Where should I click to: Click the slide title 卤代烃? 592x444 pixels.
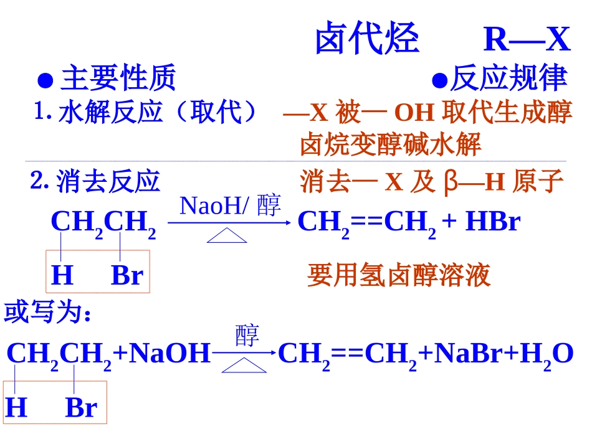pos(367,39)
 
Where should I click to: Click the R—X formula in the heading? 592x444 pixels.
pos(527,39)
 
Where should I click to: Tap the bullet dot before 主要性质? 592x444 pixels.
pos(44,80)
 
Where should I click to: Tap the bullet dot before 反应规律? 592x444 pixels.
pos(440,80)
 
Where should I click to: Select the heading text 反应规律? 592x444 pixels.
pos(508,79)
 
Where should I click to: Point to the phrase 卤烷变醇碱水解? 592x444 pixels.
pos(391,145)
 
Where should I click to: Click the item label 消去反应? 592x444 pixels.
pos(108,181)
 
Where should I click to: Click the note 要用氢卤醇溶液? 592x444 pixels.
pos(399,275)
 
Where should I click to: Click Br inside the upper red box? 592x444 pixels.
pos(127,275)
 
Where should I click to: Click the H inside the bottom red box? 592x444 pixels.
pos(16,408)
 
